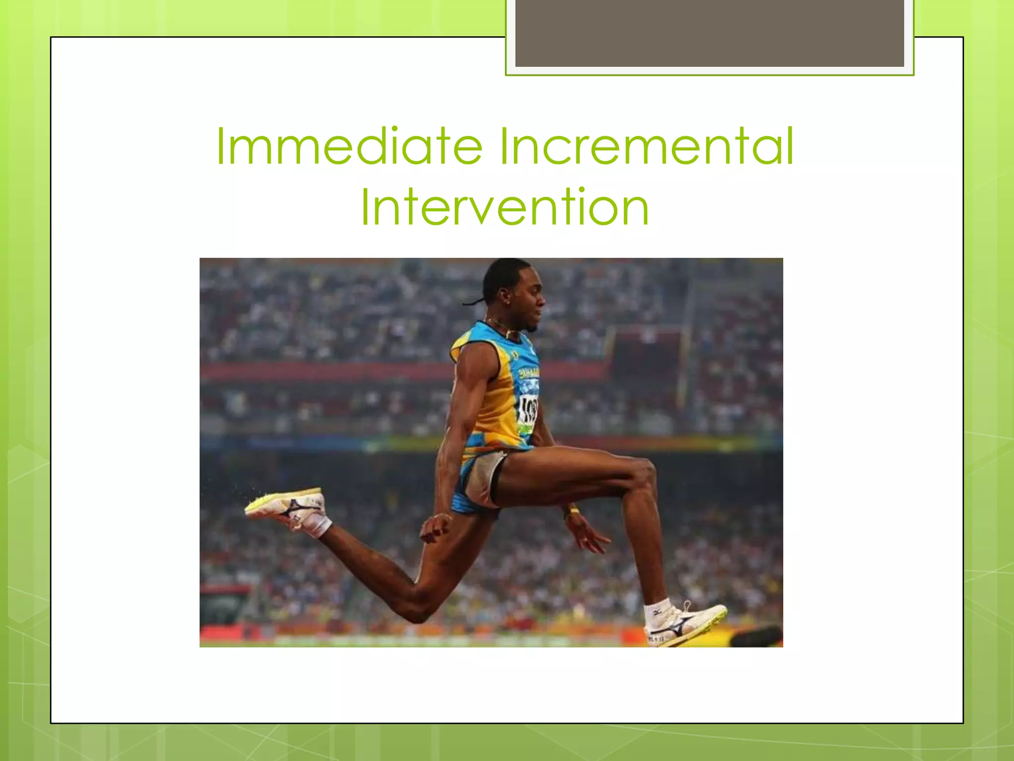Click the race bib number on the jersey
point(528,408)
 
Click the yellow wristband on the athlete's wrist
point(573,510)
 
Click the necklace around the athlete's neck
point(500,327)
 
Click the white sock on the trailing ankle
point(319,525)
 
